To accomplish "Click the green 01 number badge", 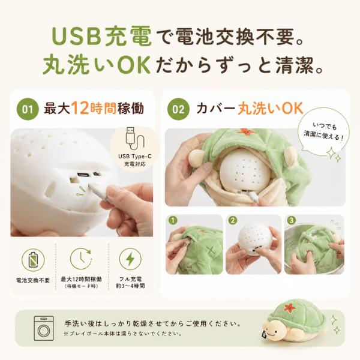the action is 28,109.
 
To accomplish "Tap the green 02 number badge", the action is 178,109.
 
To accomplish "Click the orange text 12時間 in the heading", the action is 94,109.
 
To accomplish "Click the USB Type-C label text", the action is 135,157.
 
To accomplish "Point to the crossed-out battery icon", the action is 33,260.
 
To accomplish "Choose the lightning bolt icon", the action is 130,259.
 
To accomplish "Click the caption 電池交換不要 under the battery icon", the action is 33,280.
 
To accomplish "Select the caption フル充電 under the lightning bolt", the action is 130,279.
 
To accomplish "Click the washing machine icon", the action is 44,328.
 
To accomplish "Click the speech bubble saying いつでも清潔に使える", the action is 324,133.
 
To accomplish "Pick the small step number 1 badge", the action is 173,221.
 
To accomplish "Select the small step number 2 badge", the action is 233,221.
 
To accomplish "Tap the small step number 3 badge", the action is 292,221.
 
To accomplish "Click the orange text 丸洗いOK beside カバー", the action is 270,109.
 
